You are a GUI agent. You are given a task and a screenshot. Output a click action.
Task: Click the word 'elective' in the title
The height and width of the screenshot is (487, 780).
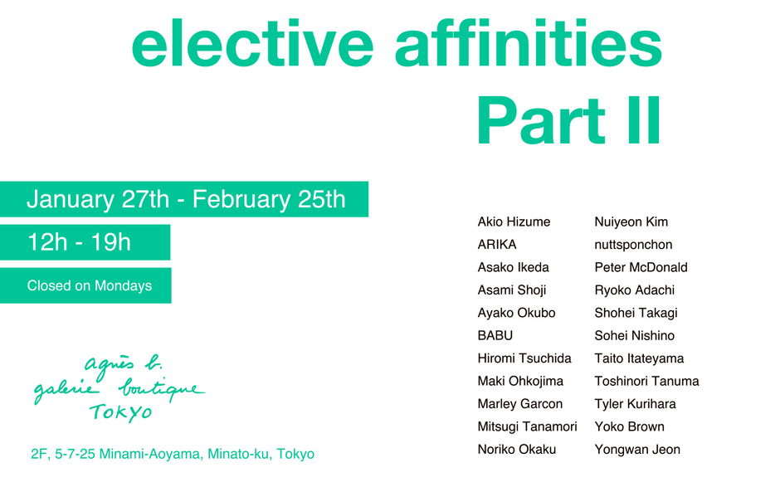pos(252,43)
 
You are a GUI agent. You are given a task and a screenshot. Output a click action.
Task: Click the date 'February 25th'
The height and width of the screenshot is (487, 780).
pos(269,199)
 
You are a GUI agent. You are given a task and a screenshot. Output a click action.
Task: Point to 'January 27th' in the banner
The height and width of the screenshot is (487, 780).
pos(98,199)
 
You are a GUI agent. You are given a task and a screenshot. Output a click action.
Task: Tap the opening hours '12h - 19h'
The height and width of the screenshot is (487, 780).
pos(79,243)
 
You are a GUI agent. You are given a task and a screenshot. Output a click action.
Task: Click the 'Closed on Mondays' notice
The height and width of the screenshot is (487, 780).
pos(90,285)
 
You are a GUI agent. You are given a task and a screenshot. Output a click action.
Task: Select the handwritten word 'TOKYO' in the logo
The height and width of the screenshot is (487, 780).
pos(121,412)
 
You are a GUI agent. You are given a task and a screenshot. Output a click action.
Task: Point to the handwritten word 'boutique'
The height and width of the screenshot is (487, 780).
pos(162,388)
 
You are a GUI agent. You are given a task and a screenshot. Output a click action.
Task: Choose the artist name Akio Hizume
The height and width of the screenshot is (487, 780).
pos(514,222)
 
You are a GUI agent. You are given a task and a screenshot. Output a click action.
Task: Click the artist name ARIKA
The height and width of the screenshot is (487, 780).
pos(497,245)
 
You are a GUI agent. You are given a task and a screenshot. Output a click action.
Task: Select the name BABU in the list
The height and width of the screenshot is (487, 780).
pos(495,336)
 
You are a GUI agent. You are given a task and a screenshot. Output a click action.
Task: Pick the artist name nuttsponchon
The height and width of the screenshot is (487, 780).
pos(633,245)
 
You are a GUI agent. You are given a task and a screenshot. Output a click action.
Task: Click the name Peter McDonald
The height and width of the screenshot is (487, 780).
pos(641,268)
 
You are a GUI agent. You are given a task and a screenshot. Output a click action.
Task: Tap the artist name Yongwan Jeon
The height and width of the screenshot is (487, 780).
pos(637,450)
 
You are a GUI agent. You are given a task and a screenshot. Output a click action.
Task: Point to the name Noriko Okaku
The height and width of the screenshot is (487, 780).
pos(517,450)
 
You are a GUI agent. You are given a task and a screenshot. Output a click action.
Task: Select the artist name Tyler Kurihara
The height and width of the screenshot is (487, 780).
pos(636,404)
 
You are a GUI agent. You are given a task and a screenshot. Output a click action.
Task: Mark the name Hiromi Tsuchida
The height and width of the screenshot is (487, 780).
pos(524,358)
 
